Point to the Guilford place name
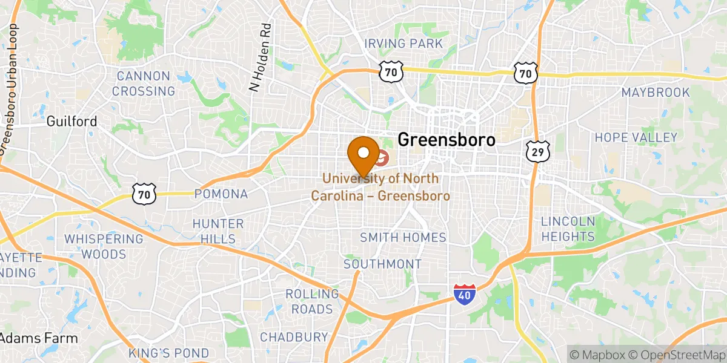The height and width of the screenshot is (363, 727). pyautogui.click(x=71, y=122)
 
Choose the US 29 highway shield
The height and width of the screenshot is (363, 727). pyautogui.click(x=537, y=151)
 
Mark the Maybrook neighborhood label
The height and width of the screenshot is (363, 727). pyautogui.click(x=656, y=93)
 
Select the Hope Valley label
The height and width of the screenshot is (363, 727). pyautogui.click(x=636, y=137)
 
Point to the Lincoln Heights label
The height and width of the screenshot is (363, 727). pyautogui.click(x=568, y=229)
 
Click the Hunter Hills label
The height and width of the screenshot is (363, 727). pyautogui.click(x=218, y=231)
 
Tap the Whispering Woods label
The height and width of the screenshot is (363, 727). pyautogui.click(x=104, y=246)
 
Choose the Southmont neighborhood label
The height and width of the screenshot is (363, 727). pyautogui.click(x=382, y=264)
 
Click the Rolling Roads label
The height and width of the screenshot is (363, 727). pyautogui.click(x=312, y=301)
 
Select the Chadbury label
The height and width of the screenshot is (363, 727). pyautogui.click(x=294, y=336)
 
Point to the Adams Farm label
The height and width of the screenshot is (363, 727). pyautogui.click(x=39, y=338)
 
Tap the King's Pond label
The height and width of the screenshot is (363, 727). pyautogui.click(x=169, y=353)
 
